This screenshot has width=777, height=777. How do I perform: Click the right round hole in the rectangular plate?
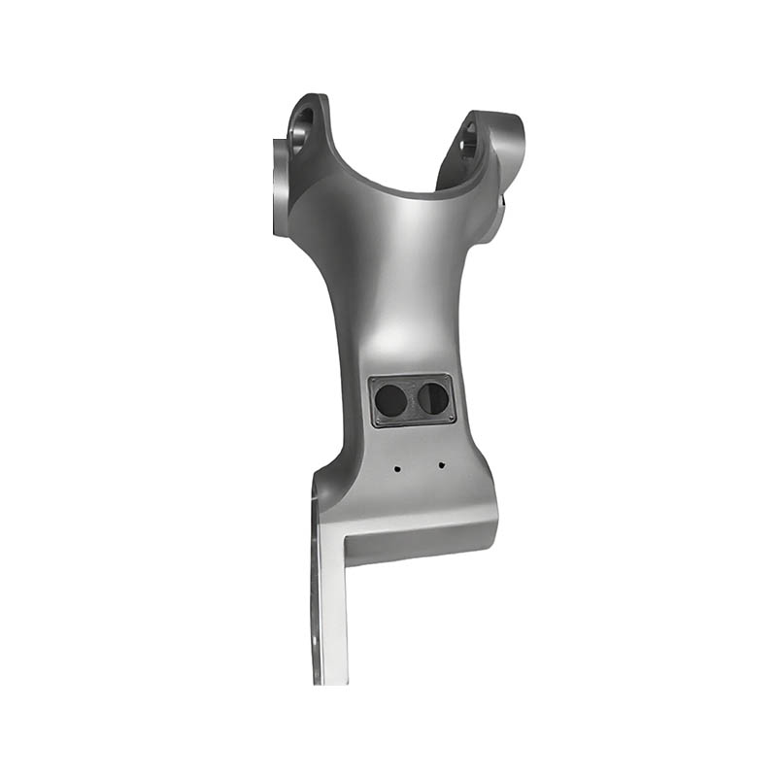[x=433, y=398]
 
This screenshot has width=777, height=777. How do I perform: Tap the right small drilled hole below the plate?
[x=440, y=464]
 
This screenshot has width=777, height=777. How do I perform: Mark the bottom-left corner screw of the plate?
[x=378, y=421]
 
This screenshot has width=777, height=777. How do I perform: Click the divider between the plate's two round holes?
[x=414, y=399]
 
